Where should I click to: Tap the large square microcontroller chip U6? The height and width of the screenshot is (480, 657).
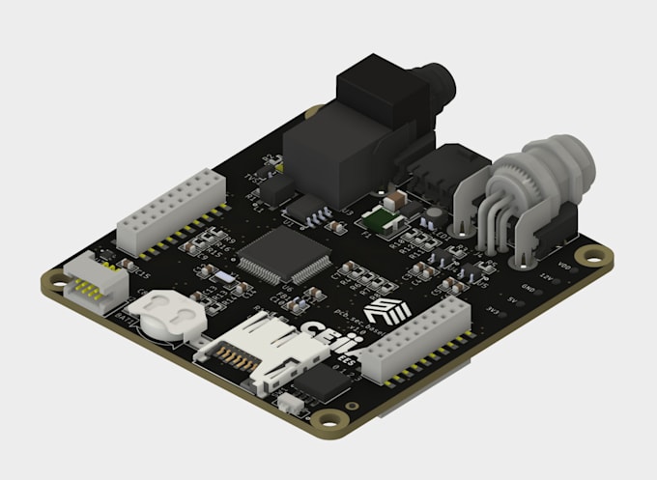[x=284, y=256]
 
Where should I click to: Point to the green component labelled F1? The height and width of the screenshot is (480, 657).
[x=384, y=222]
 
